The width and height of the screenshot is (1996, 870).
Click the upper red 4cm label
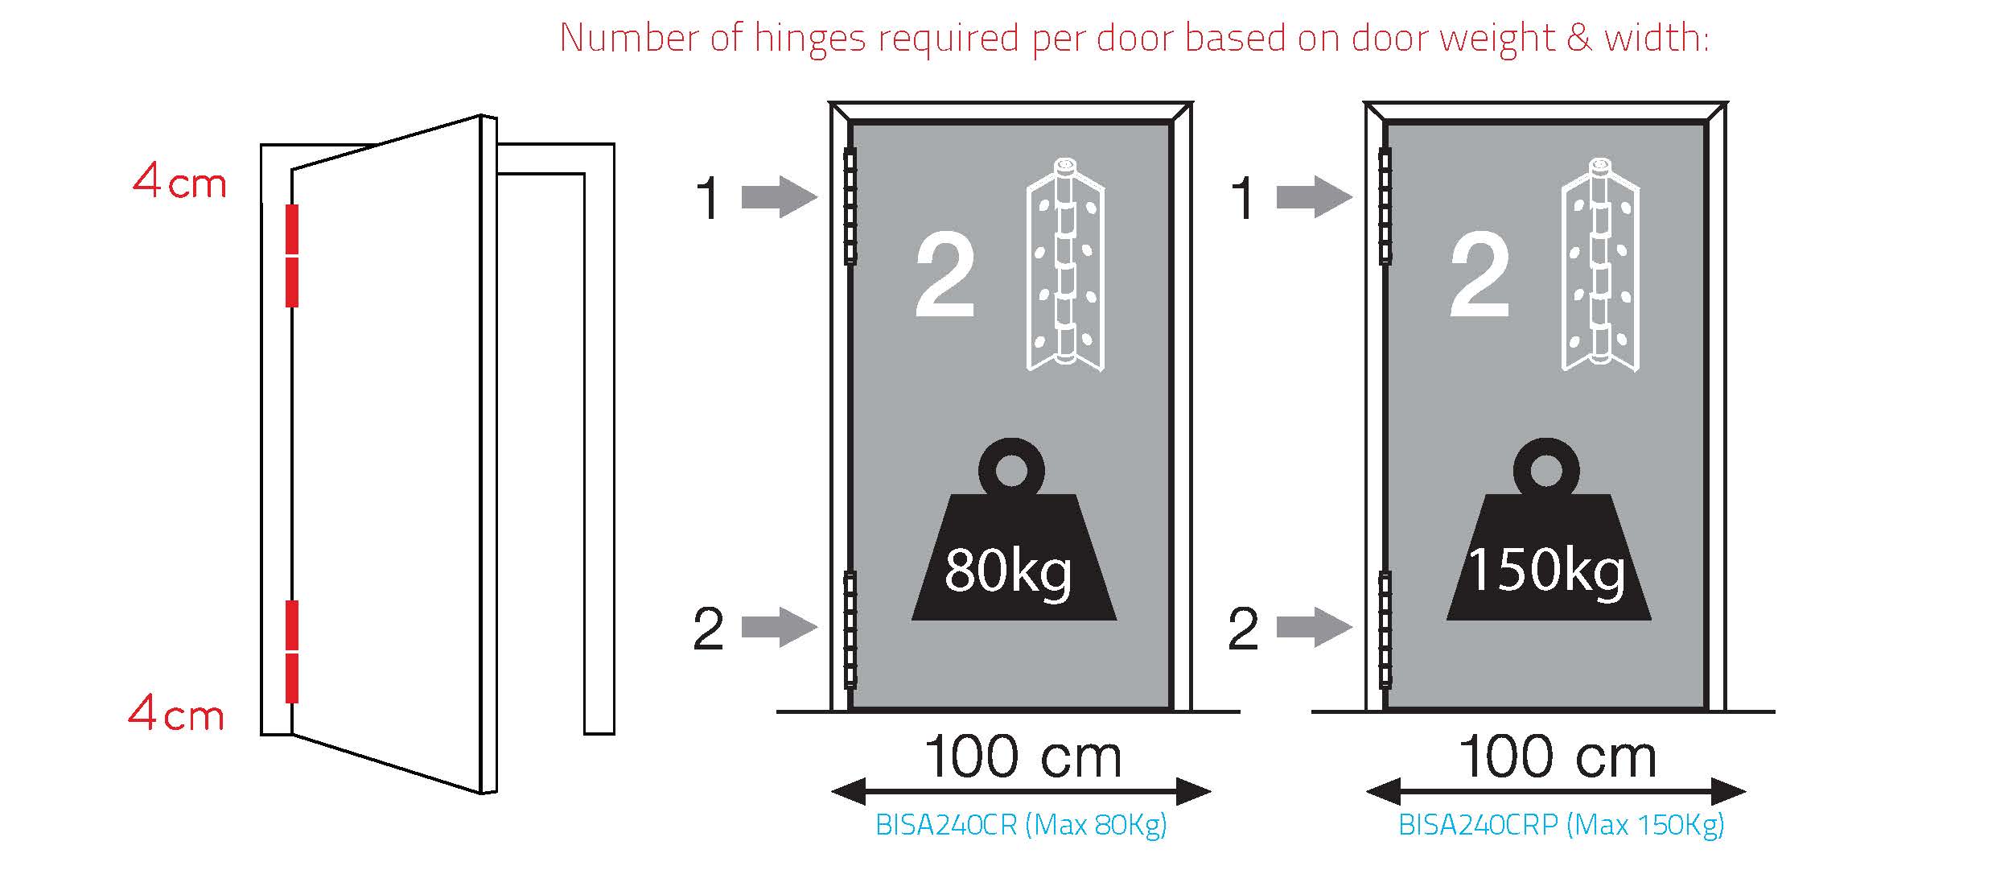pos(179,181)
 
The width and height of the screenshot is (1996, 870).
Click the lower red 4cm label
pos(176,713)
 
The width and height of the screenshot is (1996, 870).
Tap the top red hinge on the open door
pos(292,255)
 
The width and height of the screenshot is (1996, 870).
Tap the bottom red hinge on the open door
pos(292,651)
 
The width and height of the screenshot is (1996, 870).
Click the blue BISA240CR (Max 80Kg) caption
pos(1021,825)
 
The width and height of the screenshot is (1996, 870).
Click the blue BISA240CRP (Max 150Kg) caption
pos(1562,825)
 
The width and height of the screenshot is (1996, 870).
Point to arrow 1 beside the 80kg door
pos(779,197)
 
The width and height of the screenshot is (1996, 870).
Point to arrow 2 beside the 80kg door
pos(779,627)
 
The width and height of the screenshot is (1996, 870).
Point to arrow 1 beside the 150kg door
pos(1315,197)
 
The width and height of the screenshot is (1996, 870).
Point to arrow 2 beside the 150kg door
pos(1315,627)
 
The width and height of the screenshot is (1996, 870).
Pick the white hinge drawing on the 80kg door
pos(1065,264)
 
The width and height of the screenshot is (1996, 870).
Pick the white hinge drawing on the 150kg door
pos(1600,264)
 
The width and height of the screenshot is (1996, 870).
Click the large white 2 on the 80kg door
pos(945,274)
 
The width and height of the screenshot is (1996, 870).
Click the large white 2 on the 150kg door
pos(1480,274)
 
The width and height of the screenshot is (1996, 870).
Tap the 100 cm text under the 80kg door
pos(1023,757)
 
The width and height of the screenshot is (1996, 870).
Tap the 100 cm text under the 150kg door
pos(1558,757)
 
